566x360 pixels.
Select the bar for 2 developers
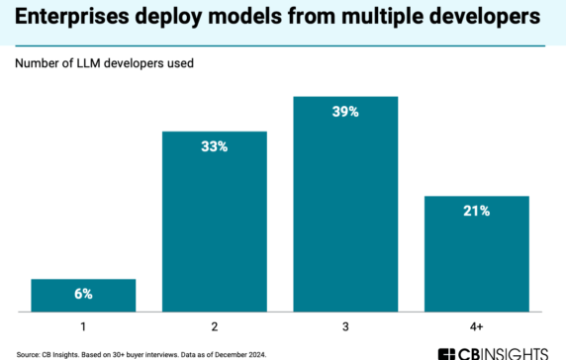tap(215, 222)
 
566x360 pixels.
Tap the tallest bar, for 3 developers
tap(346, 204)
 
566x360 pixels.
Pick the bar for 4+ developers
tap(477, 253)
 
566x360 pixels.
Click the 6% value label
tap(83, 294)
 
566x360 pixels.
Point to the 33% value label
tap(215, 147)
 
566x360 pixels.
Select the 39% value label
tap(346, 112)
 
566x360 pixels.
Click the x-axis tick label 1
tap(83, 323)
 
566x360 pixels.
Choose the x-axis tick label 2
tap(215, 323)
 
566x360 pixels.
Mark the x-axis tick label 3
tap(346, 323)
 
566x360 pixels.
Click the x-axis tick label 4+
tap(477, 323)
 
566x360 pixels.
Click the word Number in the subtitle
tap(37, 64)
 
